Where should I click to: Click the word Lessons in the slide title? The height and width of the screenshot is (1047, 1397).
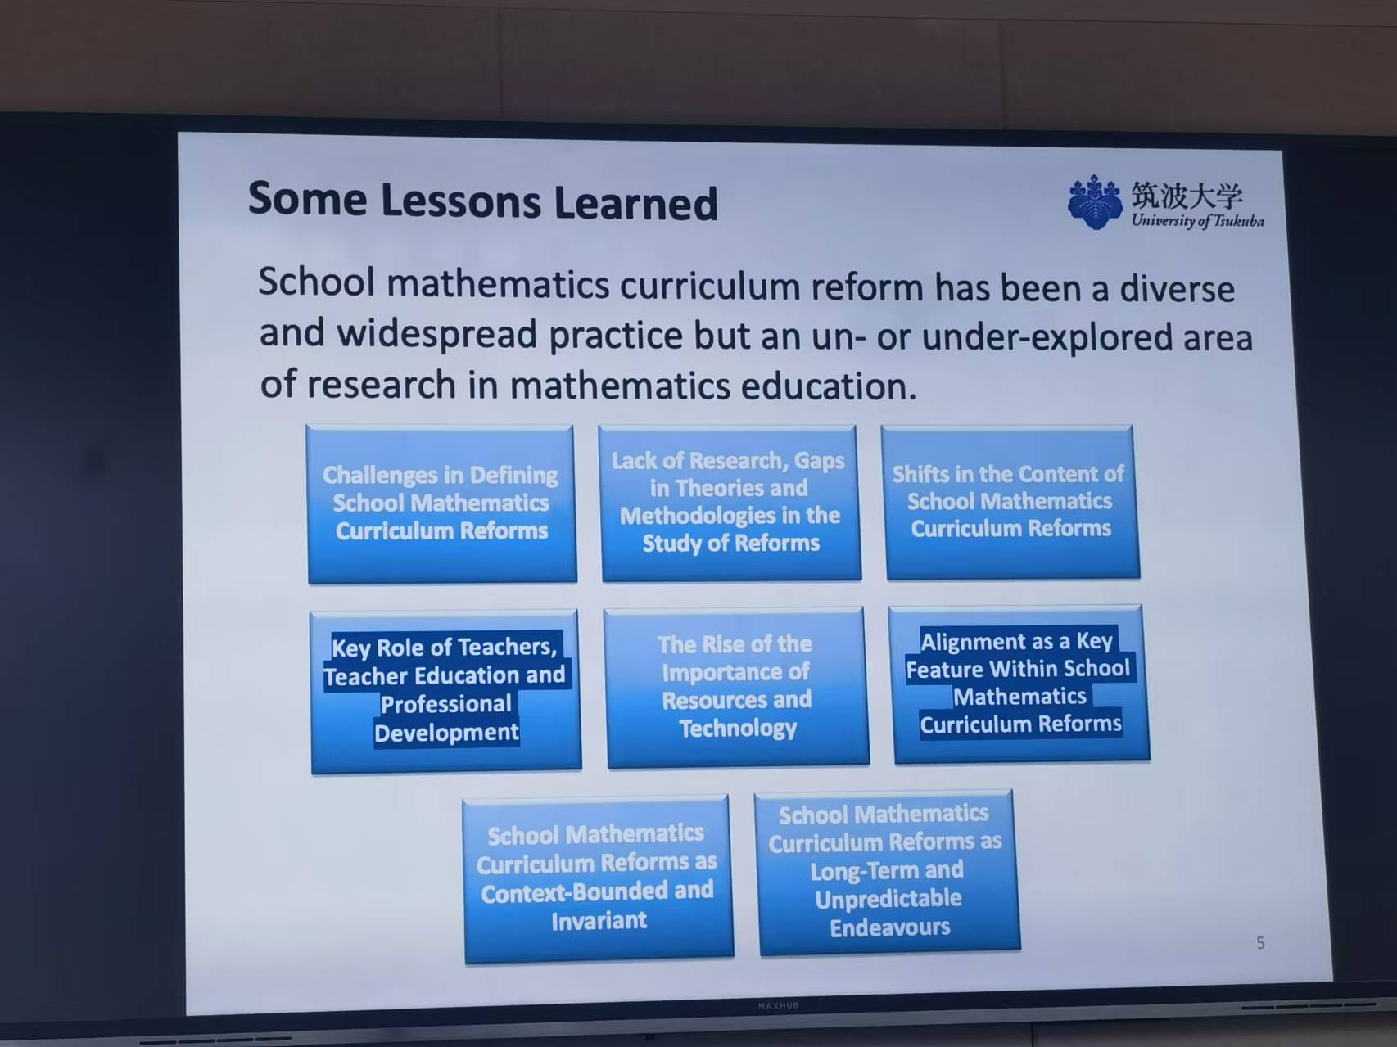pyautogui.click(x=460, y=201)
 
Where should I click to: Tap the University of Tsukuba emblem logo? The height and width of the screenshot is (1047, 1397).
pyautogui.click(x=1095, y=201)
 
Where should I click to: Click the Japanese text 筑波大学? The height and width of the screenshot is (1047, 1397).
pyautogui.click(x=1187, y=196)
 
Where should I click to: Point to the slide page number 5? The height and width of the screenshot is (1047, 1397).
pyautogui.click(x=1260, y=943)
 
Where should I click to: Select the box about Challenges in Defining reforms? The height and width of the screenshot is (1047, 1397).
pyautogui.click(x=442, y=503)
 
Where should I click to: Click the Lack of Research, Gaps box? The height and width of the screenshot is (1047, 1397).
pyautogui.click(x=730, y=503)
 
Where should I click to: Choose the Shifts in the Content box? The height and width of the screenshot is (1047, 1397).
pyautogui.click(x=1010, y=501)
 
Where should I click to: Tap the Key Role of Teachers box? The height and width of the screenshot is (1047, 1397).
pyautogui.click(x=445, y=690)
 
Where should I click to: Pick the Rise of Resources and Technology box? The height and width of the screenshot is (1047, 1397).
pyautogui.click(x=737, y=686)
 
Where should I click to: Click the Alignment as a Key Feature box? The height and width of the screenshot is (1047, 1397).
pyautogui.click(x=1019, y=684)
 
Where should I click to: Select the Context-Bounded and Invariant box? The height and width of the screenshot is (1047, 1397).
pyautogui.click(x=598, y=878)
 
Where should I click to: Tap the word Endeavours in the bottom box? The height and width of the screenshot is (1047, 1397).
pyautogui.click(x=890, y=927)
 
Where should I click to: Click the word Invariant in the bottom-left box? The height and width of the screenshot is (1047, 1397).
pyautogui.click(x=599, y=921)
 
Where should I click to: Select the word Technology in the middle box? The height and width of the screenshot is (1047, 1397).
pyautogui.click(x=738, y=728)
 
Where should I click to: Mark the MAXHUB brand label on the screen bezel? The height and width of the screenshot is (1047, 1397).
pyautogui.click(x=777, y=1005)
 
